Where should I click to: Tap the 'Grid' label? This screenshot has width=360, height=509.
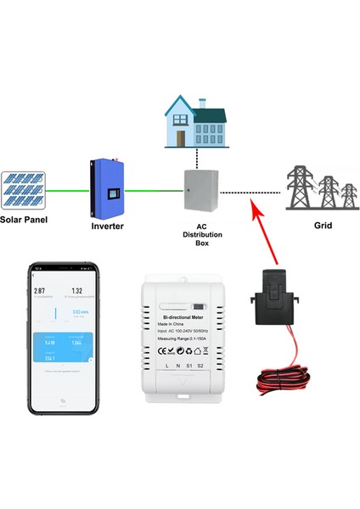tap(322, 227)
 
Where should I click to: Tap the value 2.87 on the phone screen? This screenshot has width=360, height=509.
tap(39, 290)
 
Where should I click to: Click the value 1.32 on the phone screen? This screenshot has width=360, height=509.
tap(76, 290)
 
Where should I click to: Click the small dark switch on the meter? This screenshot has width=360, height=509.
tap(198, 307)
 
